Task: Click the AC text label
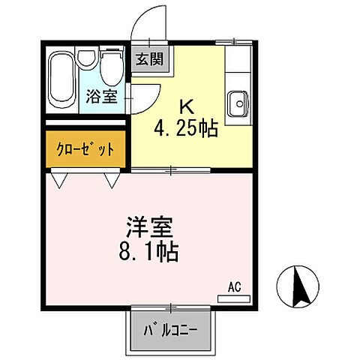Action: tap(235, 286)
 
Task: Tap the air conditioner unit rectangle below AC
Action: tap(234, 298)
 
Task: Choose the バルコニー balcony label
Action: tap(169, 328)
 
